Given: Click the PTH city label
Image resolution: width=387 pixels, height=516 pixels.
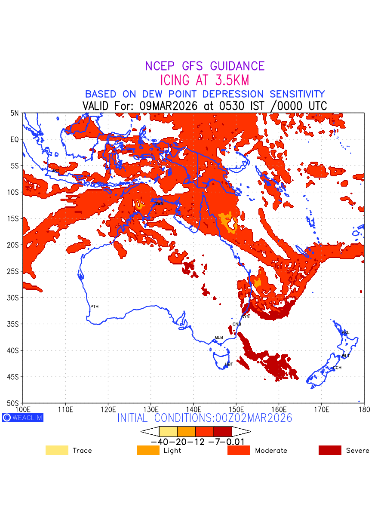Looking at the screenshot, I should pos(94,307).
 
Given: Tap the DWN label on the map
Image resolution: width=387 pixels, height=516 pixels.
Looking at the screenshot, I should pos(159,204).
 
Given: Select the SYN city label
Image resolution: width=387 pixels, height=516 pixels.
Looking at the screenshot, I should pos(245,316).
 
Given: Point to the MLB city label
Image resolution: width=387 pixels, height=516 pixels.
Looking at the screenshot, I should pos(219,338).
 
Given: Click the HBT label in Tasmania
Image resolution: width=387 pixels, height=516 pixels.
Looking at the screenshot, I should pos(229,364).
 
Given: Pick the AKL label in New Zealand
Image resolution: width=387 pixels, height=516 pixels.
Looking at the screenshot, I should pos(345,332).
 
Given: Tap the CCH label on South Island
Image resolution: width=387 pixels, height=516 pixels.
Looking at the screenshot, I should pos(337,368).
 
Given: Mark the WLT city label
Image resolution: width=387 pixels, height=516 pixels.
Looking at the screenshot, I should pos(346,356).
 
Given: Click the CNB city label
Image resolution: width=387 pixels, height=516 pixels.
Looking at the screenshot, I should pos(236,324).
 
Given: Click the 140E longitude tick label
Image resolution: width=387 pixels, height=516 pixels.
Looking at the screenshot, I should pos(193,408).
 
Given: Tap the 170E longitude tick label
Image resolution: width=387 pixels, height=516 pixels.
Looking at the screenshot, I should pos(322,408).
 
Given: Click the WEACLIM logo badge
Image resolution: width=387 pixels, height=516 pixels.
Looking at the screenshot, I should pos(23,418).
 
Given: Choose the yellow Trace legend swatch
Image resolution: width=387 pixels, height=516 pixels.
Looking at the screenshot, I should pos(57,450).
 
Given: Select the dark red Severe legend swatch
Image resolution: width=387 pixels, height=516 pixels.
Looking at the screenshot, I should pos(330,450).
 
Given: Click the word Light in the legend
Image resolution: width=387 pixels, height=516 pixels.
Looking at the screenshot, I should pos(172,451).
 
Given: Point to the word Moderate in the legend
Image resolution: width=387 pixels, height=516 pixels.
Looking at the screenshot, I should pos(271,451).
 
